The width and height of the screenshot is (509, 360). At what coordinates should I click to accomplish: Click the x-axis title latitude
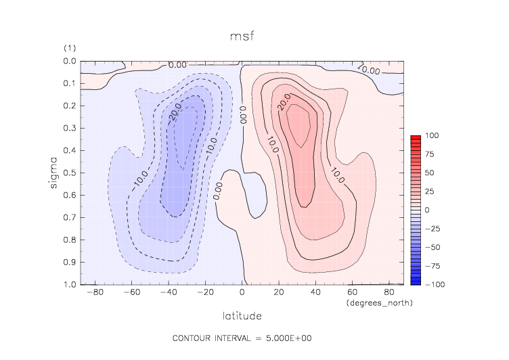(x=242, y=315)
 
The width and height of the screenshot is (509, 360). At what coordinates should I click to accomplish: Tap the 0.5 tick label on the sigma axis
(x=70, y=173)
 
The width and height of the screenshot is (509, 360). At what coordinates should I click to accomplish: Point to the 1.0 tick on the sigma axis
(x=70, y=284)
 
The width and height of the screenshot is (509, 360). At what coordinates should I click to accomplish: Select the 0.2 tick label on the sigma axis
(x=70, y=106)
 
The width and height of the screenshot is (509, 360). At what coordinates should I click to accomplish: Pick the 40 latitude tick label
(x=315, y=293)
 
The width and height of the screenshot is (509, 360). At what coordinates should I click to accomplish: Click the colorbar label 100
(x=431, y=136)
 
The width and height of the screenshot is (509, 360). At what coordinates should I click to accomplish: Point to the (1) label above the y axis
(x=70, y=49)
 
